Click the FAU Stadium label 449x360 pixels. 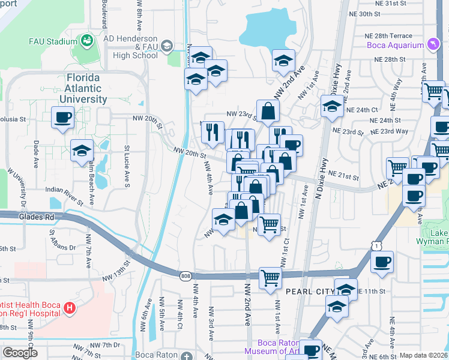[53, 41]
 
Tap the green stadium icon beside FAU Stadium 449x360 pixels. [87, 41]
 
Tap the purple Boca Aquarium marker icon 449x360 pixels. [432, 45]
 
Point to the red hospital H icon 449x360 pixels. [70, 308]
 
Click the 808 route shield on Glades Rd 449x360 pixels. [185, 275]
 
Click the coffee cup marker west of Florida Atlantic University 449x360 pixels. [62, 118]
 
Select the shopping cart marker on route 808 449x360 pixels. [270, 278]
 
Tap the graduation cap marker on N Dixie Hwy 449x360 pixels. [331, 106]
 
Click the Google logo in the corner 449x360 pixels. [20, 353]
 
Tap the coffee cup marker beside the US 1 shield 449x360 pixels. [382, 262]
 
